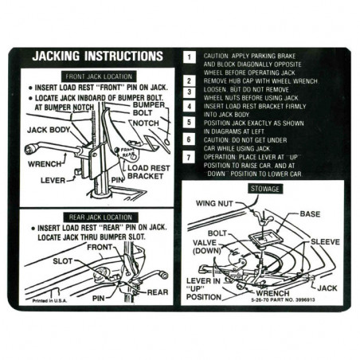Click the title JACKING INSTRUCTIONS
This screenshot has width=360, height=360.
click(96, 57)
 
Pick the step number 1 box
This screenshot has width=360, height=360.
click(189, 57)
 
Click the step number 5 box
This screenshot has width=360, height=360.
click(189, 123)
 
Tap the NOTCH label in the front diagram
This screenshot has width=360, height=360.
click(147, 123)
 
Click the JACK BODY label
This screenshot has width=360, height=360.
click(49, 128)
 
